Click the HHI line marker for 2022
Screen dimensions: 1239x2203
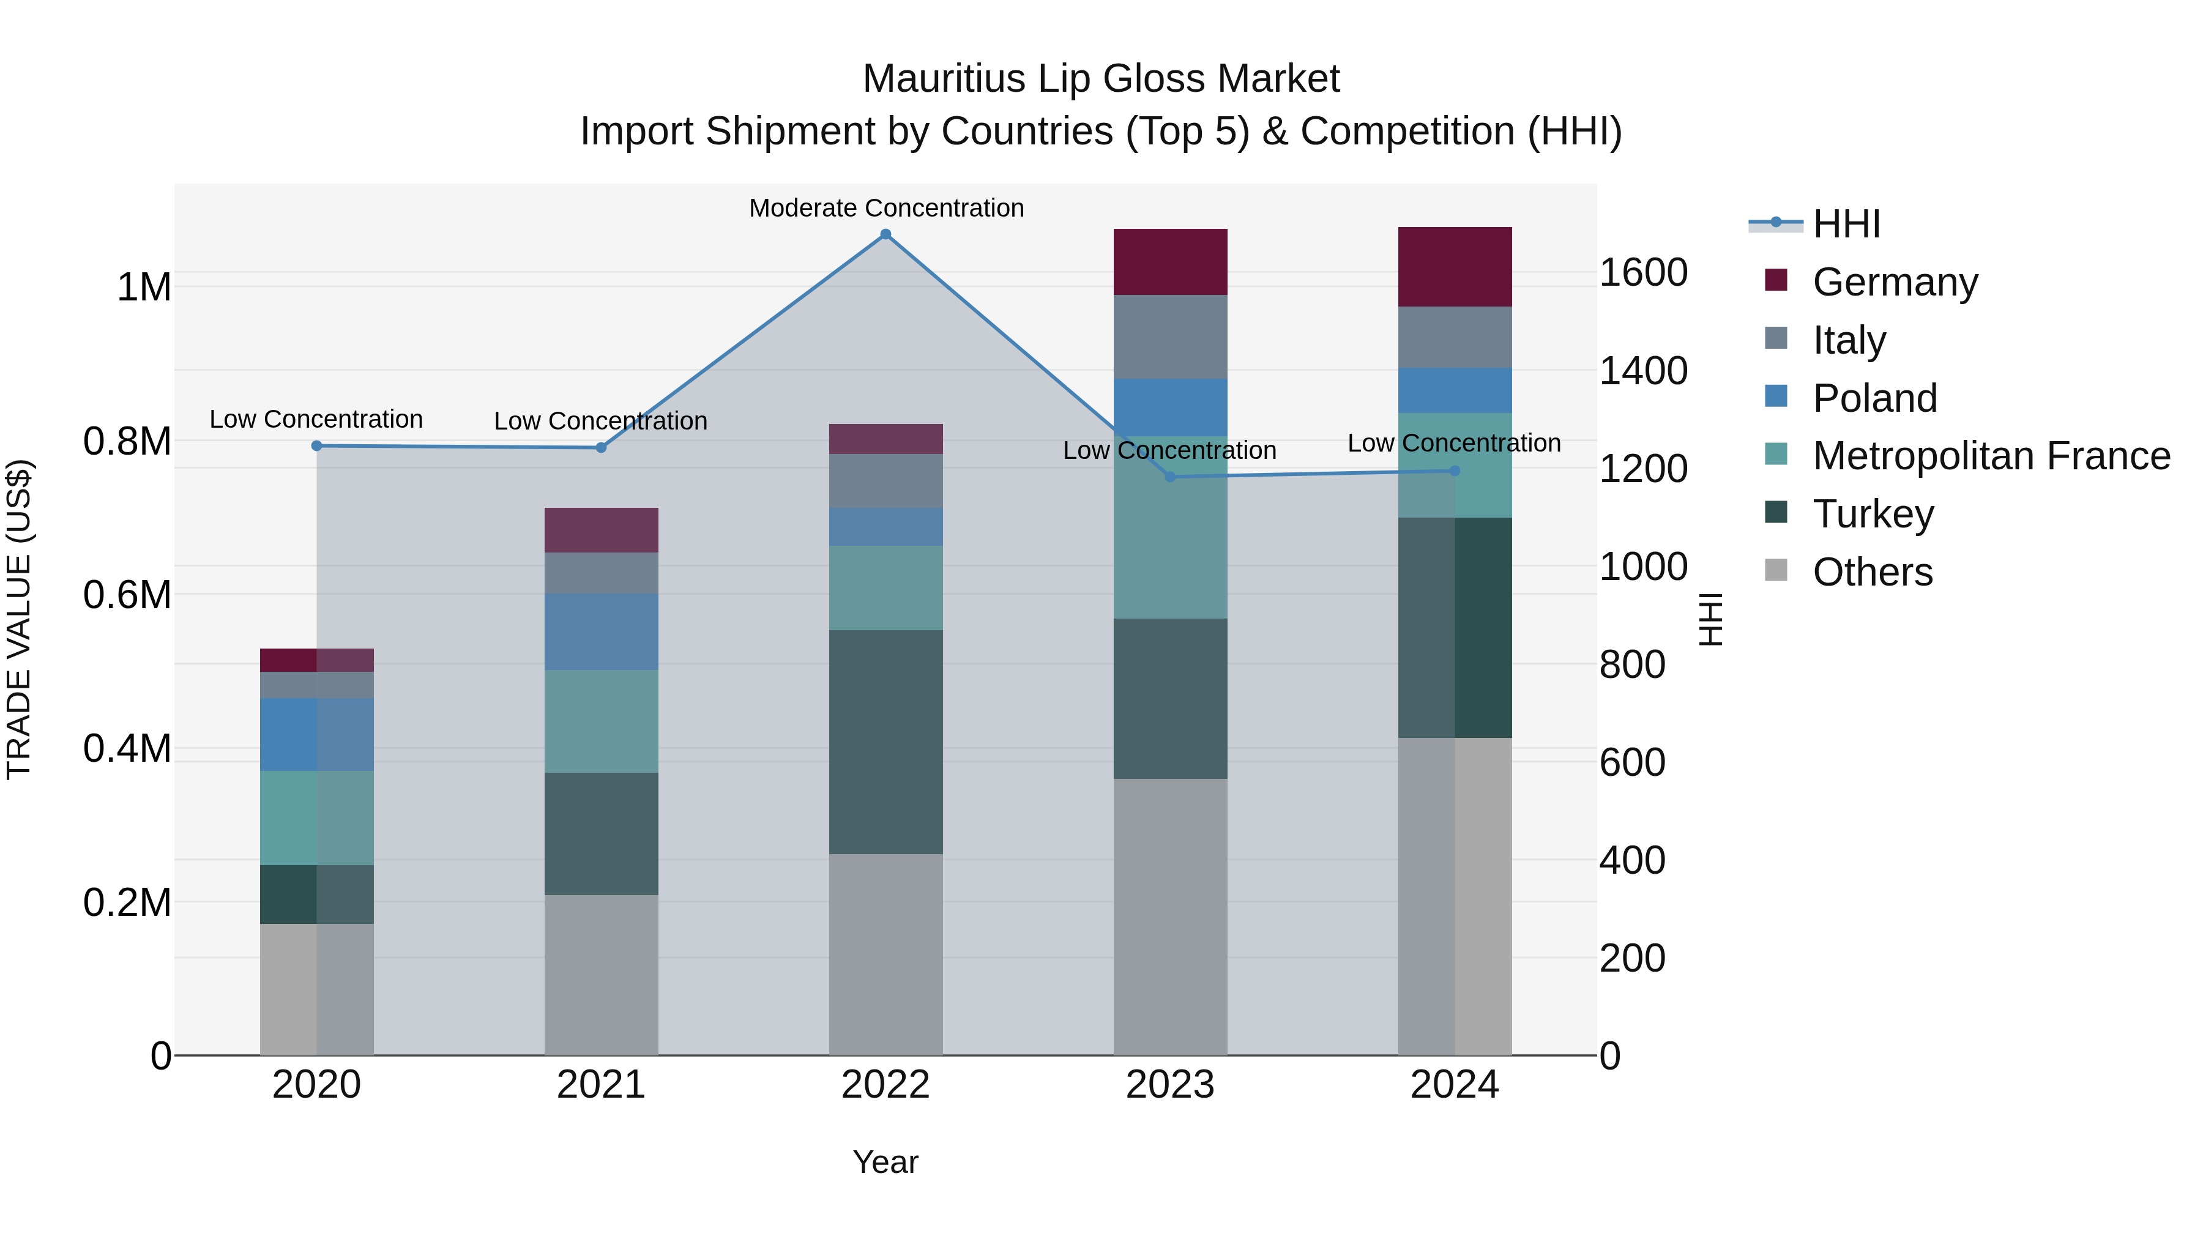886,234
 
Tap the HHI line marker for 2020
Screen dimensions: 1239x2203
316,445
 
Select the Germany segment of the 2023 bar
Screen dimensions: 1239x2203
1170,262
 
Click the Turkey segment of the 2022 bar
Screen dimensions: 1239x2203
886,742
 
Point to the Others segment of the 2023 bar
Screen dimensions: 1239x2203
1170,916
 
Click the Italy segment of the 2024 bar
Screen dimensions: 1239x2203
1455,337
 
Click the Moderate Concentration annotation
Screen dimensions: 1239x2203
886,208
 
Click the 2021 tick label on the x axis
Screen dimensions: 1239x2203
601,1085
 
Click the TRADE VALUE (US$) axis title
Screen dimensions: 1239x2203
19,619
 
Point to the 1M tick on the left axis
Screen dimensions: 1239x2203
144,288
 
